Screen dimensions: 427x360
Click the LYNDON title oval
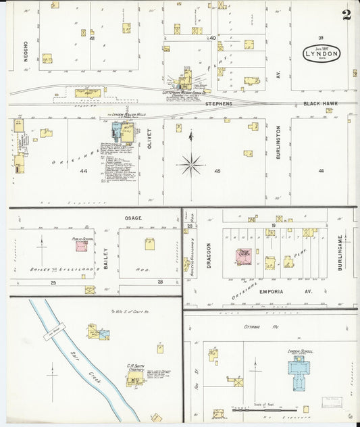[322, 53]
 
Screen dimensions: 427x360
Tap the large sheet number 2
[346, 15]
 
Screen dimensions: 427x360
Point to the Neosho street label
[26, 51]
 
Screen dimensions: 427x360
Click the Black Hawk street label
[320, 103]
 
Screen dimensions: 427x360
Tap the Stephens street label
[218, 103]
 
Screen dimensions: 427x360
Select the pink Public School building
[82, 247]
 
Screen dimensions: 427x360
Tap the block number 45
[217, 171]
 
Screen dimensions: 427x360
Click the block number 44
[84, 172]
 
